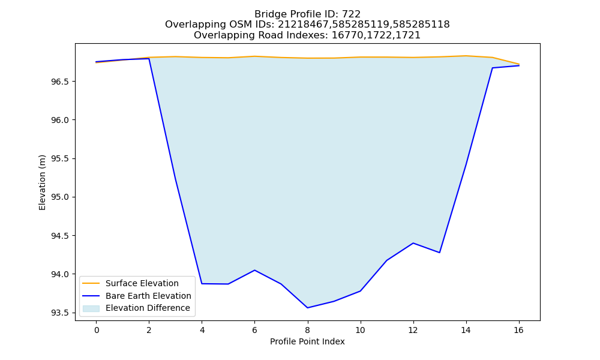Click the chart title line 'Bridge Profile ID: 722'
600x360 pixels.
click(307, 14)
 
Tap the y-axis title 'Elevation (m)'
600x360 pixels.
click(42, 182)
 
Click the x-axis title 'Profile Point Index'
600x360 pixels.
click(307, 341)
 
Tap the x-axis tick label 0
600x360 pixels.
click(97, 330)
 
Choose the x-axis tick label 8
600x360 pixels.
click(307, 330)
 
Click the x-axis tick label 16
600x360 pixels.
click(518, 330)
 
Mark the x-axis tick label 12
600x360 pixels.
click(413, 330)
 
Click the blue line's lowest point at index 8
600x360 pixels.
click(307, 308)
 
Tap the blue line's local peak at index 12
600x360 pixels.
click(413, 243)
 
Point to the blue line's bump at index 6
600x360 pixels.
click(254, 270)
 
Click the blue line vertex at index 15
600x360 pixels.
click(492, 68)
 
